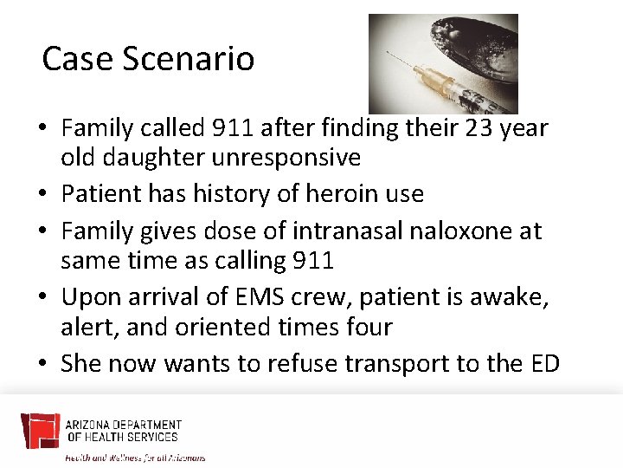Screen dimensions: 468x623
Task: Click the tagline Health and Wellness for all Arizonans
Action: point(136,458)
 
